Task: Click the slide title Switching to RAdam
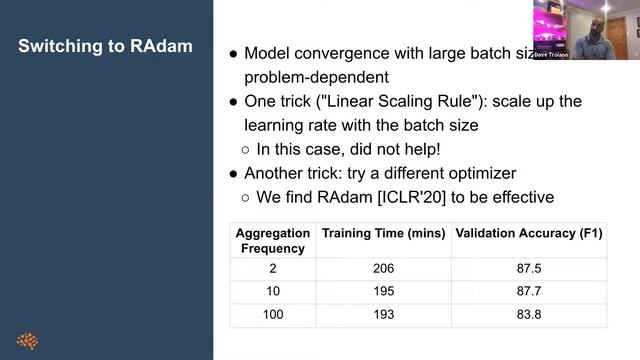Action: (106, 47)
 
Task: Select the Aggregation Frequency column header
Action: (273, 240)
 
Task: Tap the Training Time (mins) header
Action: (385, 233)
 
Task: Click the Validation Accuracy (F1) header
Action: (530, 233)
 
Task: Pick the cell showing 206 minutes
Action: (383, 269)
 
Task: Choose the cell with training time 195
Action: (383, 291)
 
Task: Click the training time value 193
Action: (383, 314)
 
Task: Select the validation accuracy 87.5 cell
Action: (530, 269)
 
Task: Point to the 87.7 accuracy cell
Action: (530, 291)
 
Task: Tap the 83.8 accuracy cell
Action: (530, 314)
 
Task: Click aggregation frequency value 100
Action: (273, 314)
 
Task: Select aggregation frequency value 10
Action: (273, 291)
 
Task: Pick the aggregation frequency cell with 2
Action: (273, 269)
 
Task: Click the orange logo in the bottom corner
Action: (28, 341)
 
